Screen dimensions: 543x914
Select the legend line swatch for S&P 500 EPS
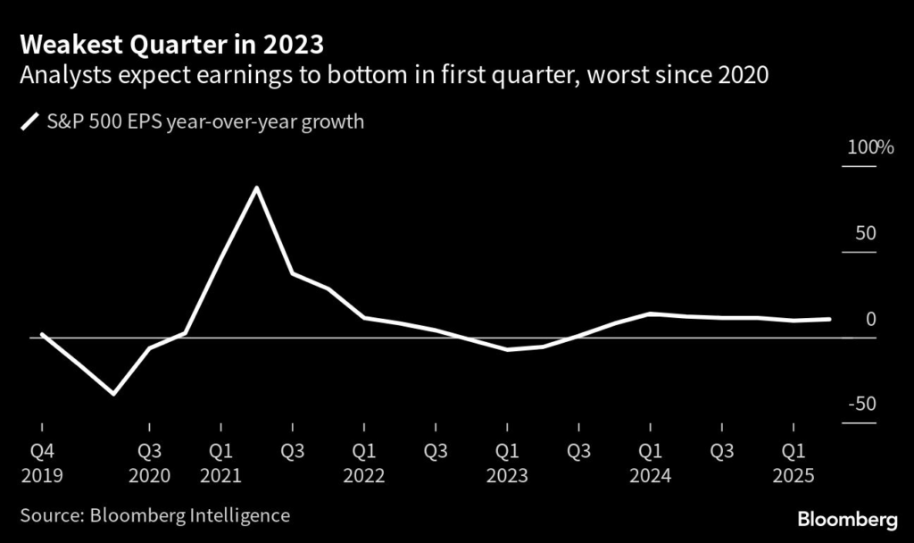point(30,121)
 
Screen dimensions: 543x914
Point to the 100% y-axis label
point(869,148)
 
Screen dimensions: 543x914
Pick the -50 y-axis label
point(862,405)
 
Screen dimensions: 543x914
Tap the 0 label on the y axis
point(872,319)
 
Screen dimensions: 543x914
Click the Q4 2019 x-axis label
point(42,463)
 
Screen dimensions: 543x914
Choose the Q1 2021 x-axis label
point(220,463)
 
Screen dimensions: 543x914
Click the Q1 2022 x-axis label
point(363,463)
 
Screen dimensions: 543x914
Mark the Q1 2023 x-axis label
point(506,463)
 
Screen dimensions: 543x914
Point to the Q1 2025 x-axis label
point(792,463)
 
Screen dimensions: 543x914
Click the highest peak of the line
point(257,188)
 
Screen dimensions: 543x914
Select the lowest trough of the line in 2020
point(113,393)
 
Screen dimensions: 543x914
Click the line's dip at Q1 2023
point(507,349)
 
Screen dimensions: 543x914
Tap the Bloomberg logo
point(846,520)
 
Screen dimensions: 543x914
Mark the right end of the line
point(830,319)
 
